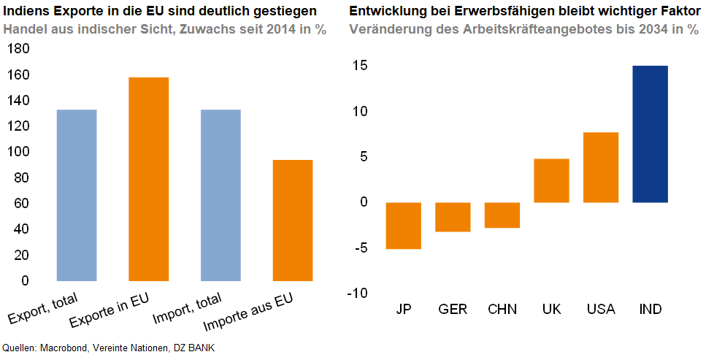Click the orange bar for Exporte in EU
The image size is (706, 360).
click(149, 179)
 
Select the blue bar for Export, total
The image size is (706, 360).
click(77, 195)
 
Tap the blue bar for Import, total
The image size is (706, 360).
click(220, 195)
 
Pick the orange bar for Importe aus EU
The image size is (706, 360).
click(293, 220)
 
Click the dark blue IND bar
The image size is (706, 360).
click(650, 134)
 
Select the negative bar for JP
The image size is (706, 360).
click(403, 226)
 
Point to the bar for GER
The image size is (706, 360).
click(453, 217)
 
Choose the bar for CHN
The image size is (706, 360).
click(502, 215)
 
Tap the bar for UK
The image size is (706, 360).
click(551, 180)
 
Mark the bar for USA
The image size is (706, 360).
click(601, 167)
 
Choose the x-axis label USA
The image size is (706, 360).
click(601, 310)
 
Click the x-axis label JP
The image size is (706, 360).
click(403, 310)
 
